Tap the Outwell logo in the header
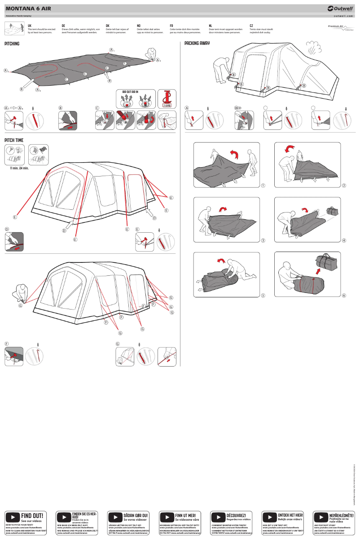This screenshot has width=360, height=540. click(341, 8)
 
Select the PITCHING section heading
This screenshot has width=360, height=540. click(12, 44)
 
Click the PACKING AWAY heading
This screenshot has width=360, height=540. click(197, 44)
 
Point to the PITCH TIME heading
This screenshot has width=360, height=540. click(13, 140)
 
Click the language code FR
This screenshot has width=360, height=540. click(171, 26)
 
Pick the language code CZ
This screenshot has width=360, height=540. click(251, 26)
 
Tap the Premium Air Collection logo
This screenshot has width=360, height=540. click(341, 28)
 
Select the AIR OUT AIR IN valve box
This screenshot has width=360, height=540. click(135, 99)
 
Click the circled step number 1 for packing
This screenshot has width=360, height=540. click(263, 186)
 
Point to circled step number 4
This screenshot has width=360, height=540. click(344, 240)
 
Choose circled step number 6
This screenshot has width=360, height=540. click(344, 295)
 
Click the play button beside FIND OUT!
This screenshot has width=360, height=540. click(13, 517)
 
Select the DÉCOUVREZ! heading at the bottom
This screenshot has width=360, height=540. click(236, 515)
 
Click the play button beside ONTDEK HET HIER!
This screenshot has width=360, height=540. click(269, 517)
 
